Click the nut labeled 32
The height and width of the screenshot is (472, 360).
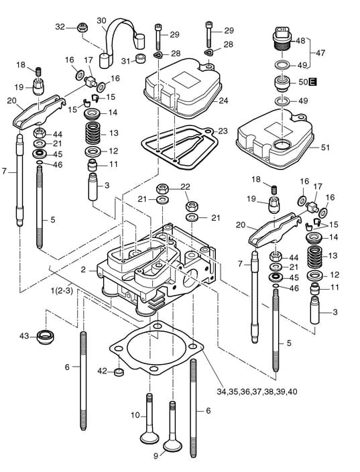click(x=82, y=27)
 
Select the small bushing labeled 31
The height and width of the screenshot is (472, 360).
click(x=140, y=58)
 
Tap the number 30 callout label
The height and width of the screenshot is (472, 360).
click(x=101, y=21)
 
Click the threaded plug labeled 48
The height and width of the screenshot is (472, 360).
click(x=282, y=39)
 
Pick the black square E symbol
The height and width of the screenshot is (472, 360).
click(x=313, y=81)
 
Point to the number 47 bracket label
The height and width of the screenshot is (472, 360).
click(x=320, y=53)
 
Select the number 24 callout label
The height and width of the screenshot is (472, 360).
click(x=223, y=101)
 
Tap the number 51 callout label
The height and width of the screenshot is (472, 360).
click(x=325, y=147)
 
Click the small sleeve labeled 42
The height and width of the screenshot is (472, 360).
click(x=119, y=372)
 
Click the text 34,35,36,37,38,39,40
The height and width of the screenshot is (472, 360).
click(x=257, y=392)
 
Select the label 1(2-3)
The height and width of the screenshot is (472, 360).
click(x=62, y=291)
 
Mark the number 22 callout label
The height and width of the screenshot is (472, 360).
click(x=185, y=187)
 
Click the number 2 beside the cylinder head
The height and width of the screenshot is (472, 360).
click(x=83, y=270)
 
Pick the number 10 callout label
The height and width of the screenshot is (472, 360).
click(x=135, y=416)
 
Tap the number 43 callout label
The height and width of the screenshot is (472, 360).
click(x=24, y=336)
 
